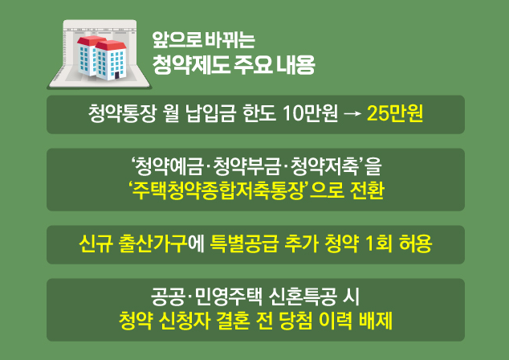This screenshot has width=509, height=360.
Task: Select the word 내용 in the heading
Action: (295, 64)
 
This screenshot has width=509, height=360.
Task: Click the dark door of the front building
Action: (117, 76)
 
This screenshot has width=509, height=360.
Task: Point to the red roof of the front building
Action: (110, 45)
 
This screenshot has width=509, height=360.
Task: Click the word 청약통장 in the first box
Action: (122, 114)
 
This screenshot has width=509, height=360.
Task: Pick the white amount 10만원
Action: (311, 114)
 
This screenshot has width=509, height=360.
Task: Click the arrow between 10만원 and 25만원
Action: (352, 114)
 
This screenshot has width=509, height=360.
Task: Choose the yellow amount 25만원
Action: (395, 114)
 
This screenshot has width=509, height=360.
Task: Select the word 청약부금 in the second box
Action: (246, 166)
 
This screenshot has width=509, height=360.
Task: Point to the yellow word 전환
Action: (367, 190)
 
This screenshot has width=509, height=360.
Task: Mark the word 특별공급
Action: (244, 243)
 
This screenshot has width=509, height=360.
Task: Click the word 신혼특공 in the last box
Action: (303, 297)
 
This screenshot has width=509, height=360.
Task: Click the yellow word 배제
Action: (376, 321)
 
